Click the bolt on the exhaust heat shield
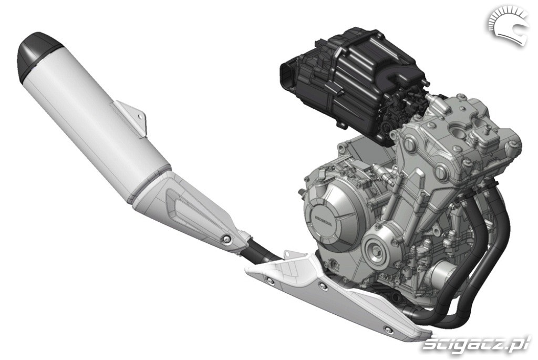point(226,239)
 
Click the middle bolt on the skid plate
point(322,285)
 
